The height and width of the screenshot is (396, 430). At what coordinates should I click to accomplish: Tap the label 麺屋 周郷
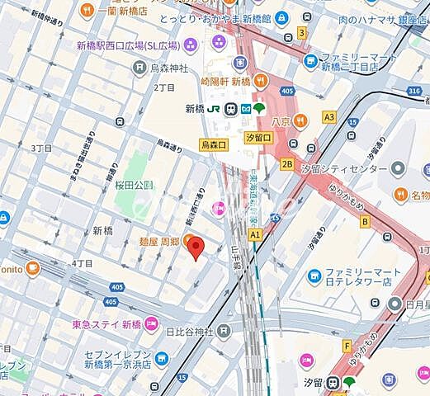pos(158,241)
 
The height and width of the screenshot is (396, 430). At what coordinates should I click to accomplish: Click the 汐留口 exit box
pos(258,137)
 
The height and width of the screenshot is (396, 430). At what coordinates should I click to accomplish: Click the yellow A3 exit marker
pos(329,118)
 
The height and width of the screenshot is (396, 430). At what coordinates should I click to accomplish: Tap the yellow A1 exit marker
pos(255,234)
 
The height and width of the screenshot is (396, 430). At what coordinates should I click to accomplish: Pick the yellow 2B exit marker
pos(287,163)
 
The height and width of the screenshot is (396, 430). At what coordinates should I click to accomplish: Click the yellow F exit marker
pos(347,345)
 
